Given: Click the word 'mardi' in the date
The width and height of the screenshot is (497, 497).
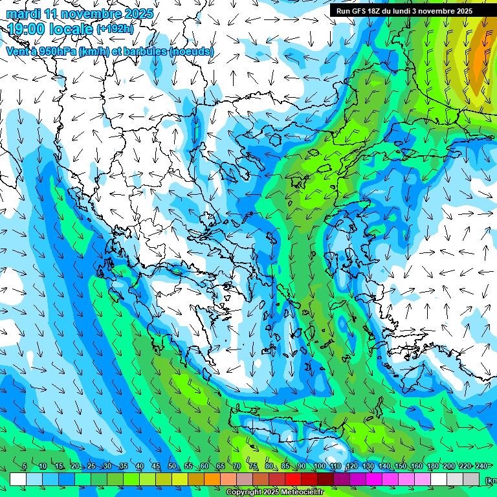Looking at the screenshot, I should tap(22, 14).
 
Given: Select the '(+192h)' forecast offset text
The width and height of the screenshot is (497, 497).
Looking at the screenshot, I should tap(115, 29).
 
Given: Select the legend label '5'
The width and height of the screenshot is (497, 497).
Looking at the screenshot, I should tap(25, 467).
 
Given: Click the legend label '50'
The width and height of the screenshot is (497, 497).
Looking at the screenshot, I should tap(172, 467).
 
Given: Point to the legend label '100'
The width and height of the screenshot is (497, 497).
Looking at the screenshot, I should tap(319, 467).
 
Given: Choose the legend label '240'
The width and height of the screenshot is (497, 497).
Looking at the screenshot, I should tap(481, 467).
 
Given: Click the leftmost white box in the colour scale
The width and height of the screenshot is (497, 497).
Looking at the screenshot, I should tap(18, 479).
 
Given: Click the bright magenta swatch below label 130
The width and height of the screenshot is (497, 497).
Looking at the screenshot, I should tap(374, 479).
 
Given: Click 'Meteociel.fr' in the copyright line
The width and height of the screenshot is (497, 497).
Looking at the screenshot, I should tap(298, 492).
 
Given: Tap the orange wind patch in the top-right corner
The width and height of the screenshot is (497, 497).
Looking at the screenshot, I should tap(480, 58).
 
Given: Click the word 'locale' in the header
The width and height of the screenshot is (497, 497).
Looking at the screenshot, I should tap(72, 28).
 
